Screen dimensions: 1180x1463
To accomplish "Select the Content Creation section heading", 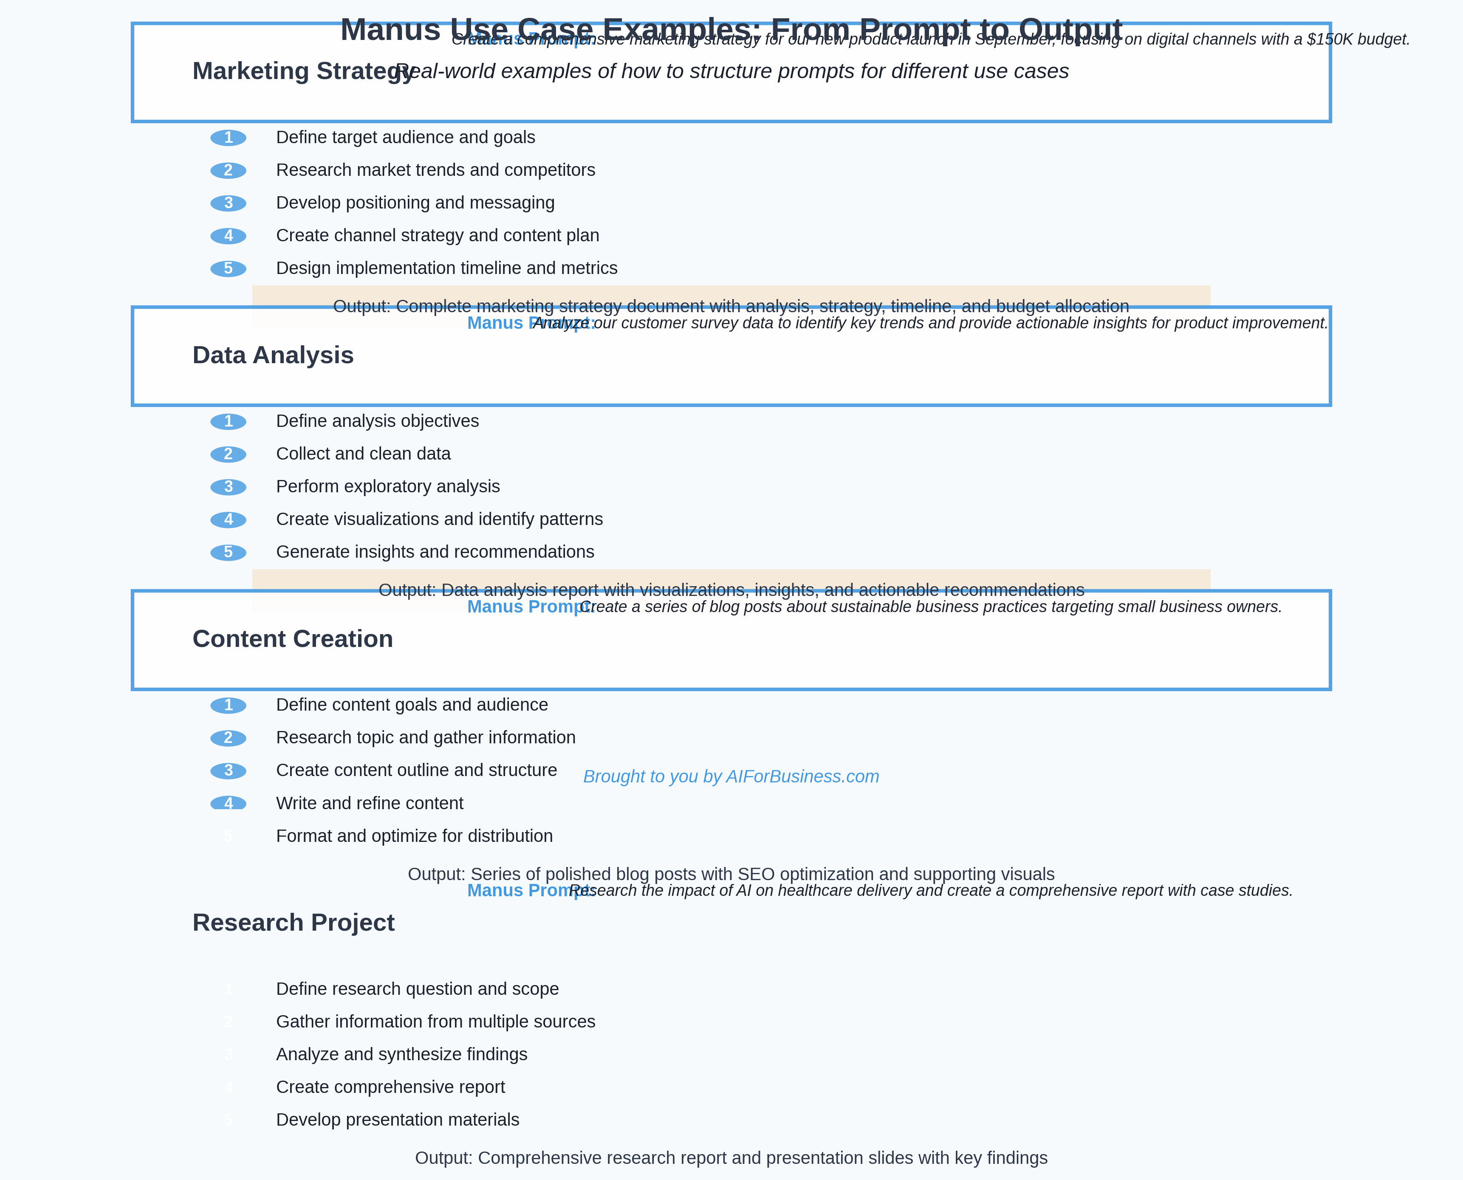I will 292,639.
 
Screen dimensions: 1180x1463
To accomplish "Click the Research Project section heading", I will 293,923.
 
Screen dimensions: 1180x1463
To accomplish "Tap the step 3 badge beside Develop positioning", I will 229,203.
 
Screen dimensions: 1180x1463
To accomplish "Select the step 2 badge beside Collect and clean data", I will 229,454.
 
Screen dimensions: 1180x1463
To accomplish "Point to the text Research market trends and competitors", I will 435,170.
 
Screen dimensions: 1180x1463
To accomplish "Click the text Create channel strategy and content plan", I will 437,236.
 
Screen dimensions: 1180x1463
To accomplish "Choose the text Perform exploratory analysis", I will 387,487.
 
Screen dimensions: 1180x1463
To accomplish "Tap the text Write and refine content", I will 369,803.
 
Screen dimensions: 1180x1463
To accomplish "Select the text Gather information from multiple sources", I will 435,1022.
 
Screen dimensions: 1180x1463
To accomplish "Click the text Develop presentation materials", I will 397,1120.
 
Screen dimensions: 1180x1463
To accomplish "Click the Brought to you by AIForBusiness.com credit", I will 731,777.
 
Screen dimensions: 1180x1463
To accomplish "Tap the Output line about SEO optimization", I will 731,874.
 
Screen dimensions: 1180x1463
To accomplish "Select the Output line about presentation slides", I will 731,1158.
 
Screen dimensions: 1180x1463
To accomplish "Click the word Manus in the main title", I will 390,30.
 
